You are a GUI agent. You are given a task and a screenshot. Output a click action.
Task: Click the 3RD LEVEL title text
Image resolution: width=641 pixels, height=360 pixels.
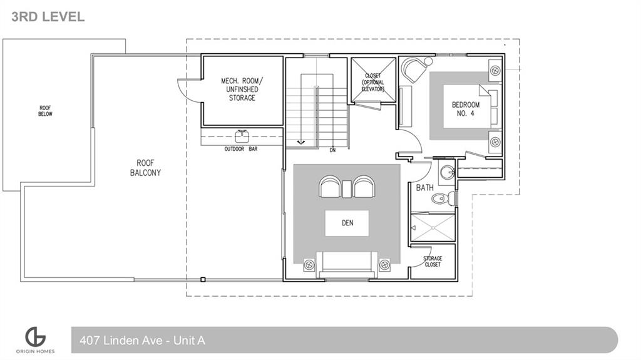click(x=48, y=17)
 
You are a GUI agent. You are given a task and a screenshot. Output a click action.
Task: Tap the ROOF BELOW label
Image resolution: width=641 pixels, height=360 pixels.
click(x=46, y=111)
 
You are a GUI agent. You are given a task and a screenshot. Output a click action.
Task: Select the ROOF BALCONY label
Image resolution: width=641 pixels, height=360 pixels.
click(x=145, y=167)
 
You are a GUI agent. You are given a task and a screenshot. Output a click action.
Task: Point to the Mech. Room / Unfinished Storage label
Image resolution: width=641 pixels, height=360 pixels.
click(x=242, y=90)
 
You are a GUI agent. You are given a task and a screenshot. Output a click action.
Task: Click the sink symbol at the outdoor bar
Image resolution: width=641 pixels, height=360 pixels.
click(x=241, y=136)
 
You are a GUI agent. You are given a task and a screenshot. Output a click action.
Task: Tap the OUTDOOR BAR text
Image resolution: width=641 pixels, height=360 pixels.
click(x=240, y=149)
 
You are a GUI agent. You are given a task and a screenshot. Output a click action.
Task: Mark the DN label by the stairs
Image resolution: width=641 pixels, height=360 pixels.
click(x=333, y=150)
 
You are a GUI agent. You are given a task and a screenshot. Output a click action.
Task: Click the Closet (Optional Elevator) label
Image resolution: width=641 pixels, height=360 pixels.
click(x=373, y=83)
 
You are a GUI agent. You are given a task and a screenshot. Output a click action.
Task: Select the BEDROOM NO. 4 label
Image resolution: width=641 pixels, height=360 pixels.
click(x=466, y=109)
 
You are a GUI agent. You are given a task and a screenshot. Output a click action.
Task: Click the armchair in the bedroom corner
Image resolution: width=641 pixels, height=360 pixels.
click(x=414, y=70)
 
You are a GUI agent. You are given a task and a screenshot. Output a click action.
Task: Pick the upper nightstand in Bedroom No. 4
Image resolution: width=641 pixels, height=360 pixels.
click(x=495, y=70)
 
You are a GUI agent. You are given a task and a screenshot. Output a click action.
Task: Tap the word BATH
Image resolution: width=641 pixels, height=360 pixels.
click(x=425, y=187)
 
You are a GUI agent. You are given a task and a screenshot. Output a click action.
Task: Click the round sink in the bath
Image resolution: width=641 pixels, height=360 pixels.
click(x=447, y=172)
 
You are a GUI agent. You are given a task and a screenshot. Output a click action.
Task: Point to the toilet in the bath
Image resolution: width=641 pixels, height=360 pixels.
click(x=441, y=199)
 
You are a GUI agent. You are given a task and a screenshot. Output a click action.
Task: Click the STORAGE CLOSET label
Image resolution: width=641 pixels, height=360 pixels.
click(x=432, y=262)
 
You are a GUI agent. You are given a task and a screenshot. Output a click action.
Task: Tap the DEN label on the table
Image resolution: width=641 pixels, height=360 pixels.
click(x=347, y=223)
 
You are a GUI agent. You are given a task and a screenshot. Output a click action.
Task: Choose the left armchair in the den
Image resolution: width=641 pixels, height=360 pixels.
click(x=331, y=187)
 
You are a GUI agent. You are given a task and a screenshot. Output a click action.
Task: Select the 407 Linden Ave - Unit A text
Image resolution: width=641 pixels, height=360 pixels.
click(x=142, y=341)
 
